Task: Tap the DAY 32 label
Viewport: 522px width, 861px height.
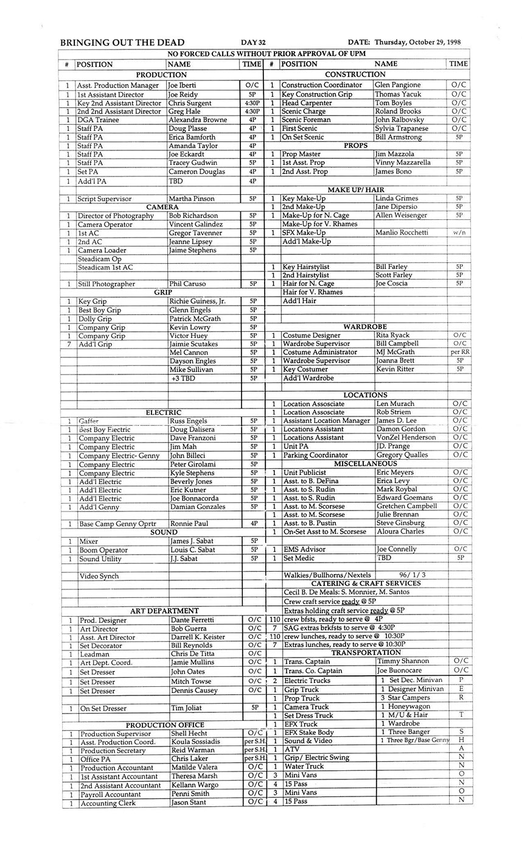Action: [253, 43]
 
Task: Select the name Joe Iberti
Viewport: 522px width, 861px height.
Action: [183, 86]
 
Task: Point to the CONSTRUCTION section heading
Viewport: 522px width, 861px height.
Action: [364, 74]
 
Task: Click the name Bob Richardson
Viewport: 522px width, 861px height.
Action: [193, 216]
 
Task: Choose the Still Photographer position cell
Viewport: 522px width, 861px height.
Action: [106, 284]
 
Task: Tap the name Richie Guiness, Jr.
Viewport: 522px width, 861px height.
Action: [197, 301]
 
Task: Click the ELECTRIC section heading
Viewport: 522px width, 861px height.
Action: [163, 413]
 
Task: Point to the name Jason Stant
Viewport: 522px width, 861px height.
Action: [189, 803]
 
